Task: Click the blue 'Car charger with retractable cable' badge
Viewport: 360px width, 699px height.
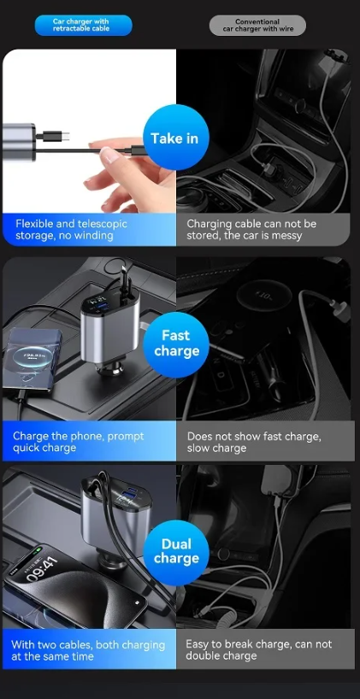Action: click(x=84, y=25)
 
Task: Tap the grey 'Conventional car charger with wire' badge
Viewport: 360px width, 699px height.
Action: click(x=257, y=25)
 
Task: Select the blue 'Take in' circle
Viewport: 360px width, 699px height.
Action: click(x=176, y=138)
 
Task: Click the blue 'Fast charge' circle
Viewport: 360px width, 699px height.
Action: click(x=176, y=344)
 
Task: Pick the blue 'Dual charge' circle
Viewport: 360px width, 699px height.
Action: click(x=176, y=551)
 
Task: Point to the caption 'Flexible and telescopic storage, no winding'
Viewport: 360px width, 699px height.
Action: click(x=71, y=230)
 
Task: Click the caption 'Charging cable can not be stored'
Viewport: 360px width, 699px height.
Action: click(x=251, y=230)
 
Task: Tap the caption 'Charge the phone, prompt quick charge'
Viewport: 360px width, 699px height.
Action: click(x=78, y=442)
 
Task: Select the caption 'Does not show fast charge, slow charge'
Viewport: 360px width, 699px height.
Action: click(x=254, y=442)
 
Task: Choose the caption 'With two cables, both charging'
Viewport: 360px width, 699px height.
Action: click(x=88, y=644)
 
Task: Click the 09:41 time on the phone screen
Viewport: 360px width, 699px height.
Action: click(x=42, y=568)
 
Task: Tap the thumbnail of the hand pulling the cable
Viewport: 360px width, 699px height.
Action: click(x=89, y=131)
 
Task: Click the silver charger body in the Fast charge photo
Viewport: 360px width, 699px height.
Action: click(x=109, y=330)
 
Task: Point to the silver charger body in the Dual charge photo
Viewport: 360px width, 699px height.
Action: click(x=116, y=513)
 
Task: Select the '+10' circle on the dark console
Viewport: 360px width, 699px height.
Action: click(x=263, y=296)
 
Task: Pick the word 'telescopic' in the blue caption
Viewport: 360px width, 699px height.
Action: click(x=102, y=224)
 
